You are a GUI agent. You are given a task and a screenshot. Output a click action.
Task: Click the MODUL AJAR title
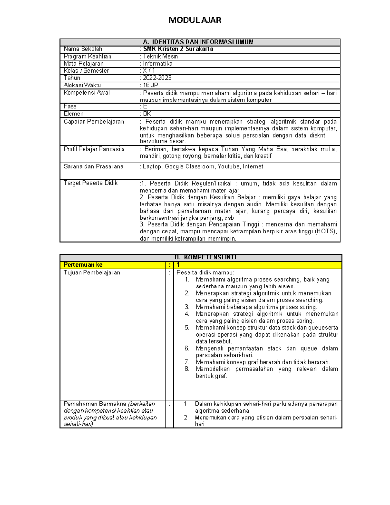click(195, 20)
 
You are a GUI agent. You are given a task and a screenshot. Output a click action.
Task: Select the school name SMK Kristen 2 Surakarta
click(178, 49)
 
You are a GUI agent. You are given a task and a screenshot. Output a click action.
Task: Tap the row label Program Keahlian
click(87, 56)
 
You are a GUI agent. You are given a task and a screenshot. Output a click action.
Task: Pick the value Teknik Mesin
click(160, 56)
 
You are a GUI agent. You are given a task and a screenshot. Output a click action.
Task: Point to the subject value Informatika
click(158, 64)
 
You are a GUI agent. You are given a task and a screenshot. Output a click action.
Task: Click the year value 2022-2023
click(157, 78)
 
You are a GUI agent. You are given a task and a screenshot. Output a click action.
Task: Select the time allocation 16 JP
click(150, 85)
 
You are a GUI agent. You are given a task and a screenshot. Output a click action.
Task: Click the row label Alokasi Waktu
click(82, 85)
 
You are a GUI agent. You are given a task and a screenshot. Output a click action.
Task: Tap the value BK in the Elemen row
click(147, 114)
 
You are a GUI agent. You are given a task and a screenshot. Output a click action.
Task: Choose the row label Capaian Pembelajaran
click(94, 122)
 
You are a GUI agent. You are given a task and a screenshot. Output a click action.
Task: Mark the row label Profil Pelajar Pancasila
click(94, 149)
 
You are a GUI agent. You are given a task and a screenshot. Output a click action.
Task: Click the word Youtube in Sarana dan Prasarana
click(229, 166)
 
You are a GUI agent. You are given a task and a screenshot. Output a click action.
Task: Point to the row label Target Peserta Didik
click(91, 183)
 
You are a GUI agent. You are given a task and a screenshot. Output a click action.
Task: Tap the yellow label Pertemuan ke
click(83, 265)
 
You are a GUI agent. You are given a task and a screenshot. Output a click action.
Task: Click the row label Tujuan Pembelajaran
click(92, 272)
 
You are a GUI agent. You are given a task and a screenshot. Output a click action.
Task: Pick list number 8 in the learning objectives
click(187, 369)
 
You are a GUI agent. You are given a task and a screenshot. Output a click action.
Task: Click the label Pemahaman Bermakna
click(95, 404)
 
